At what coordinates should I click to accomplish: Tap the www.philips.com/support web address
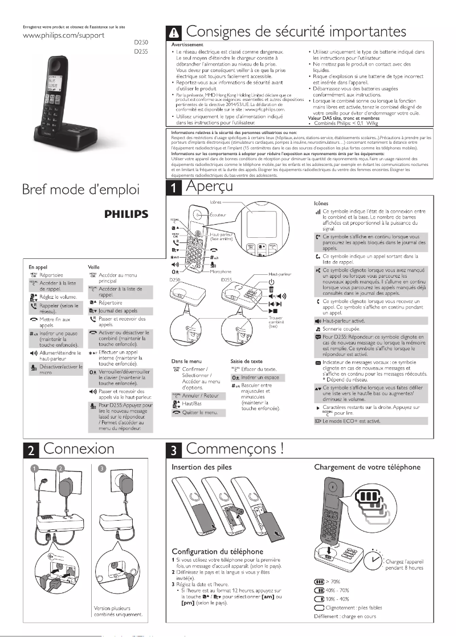pos(55,35)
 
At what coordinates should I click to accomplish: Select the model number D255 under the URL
pos(140,52)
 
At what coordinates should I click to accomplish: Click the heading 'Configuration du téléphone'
pos(217,551)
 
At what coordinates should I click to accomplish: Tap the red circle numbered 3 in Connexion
pos(102,469)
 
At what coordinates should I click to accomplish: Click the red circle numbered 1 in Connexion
pos(34,469)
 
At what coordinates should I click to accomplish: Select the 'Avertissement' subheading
pos(187,44)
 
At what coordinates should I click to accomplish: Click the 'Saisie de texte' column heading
pos(247,361)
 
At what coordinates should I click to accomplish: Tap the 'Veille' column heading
pos(94,266)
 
